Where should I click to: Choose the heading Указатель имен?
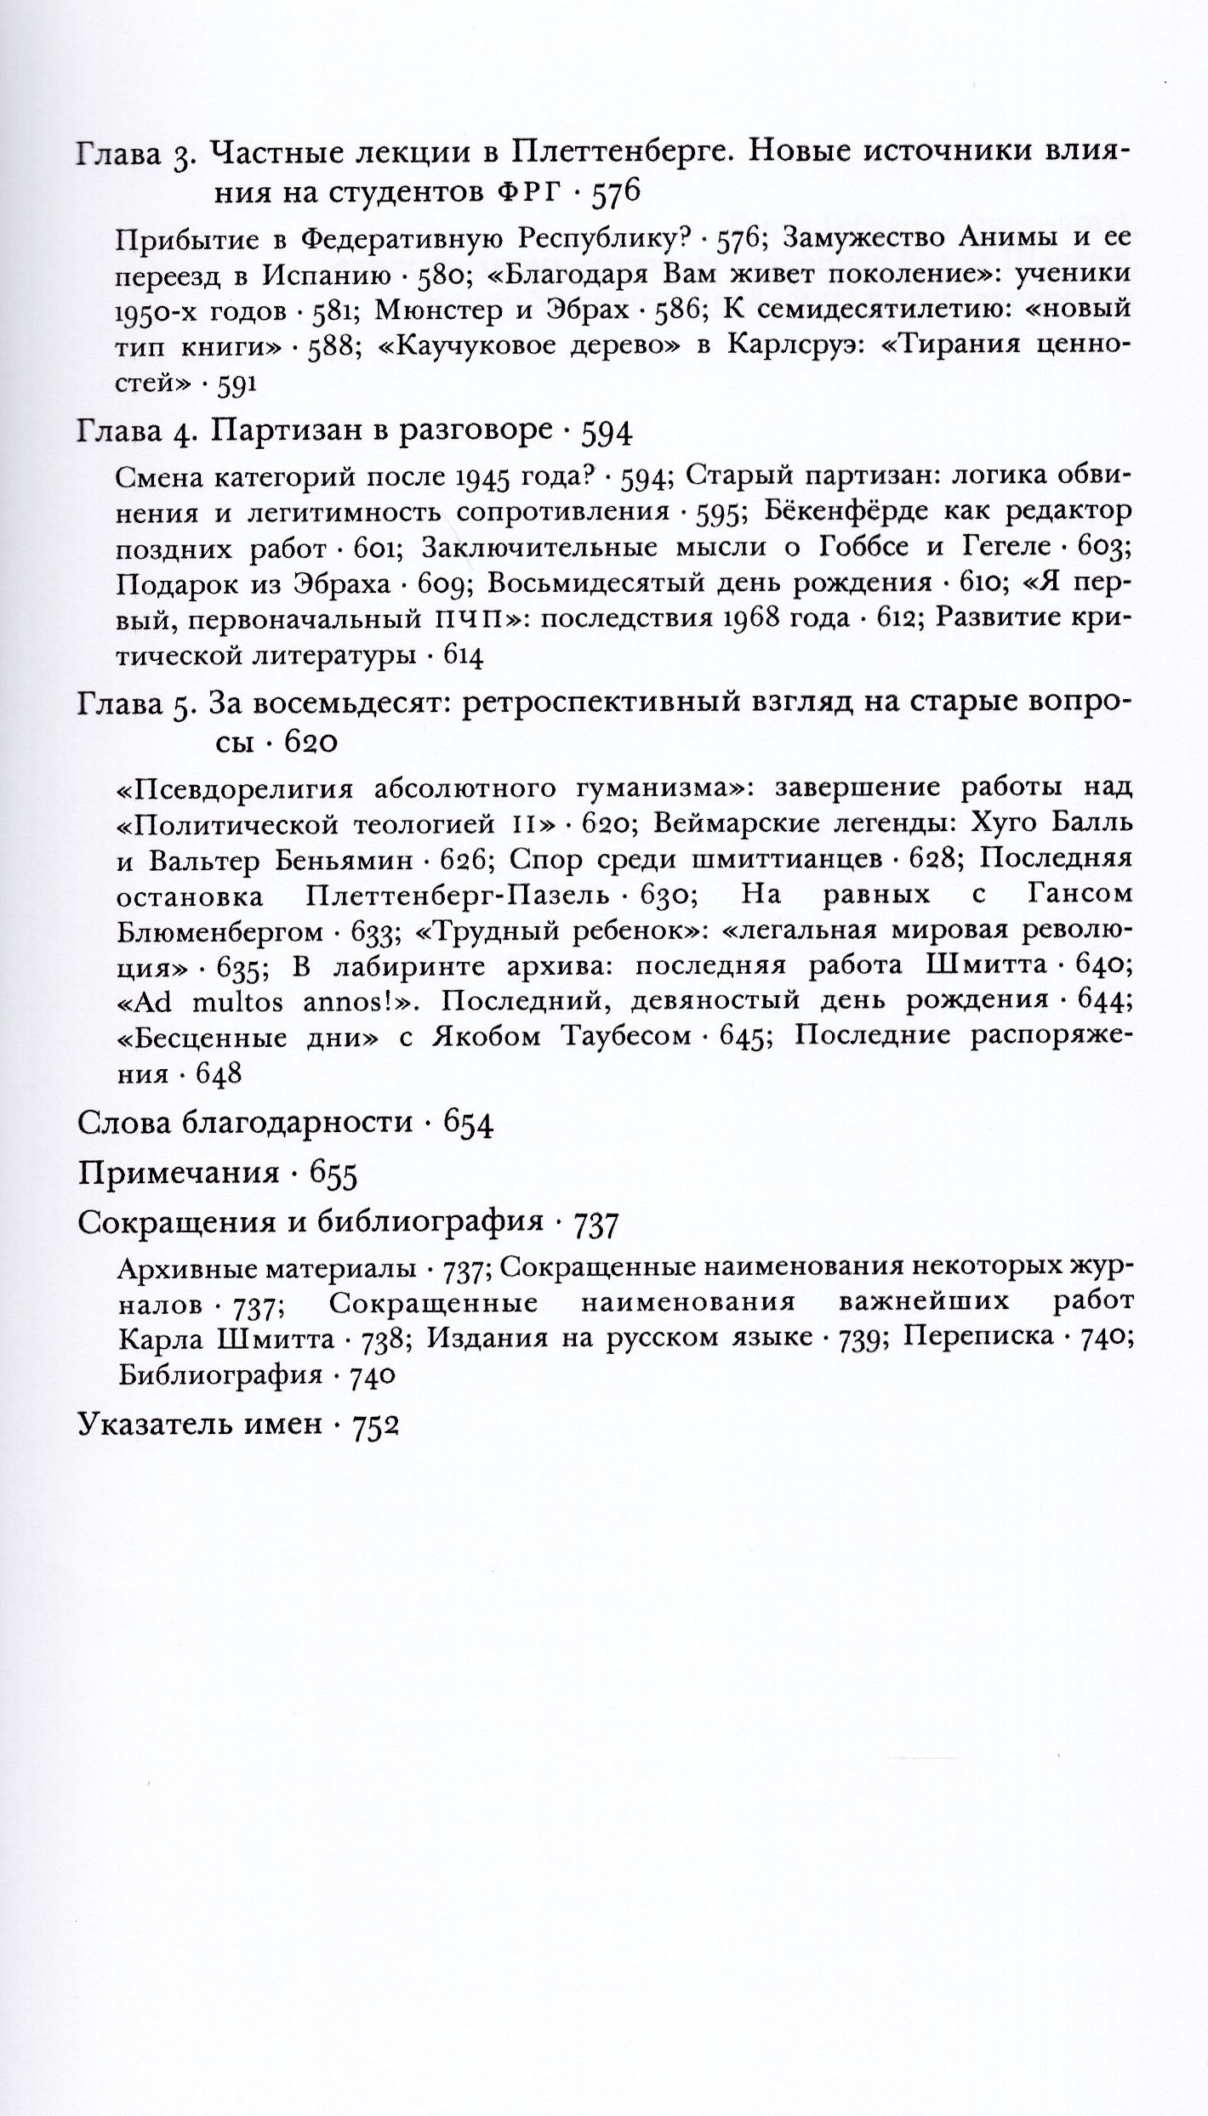coord(199,1424)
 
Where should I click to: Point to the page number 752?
coord(375,1425)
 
